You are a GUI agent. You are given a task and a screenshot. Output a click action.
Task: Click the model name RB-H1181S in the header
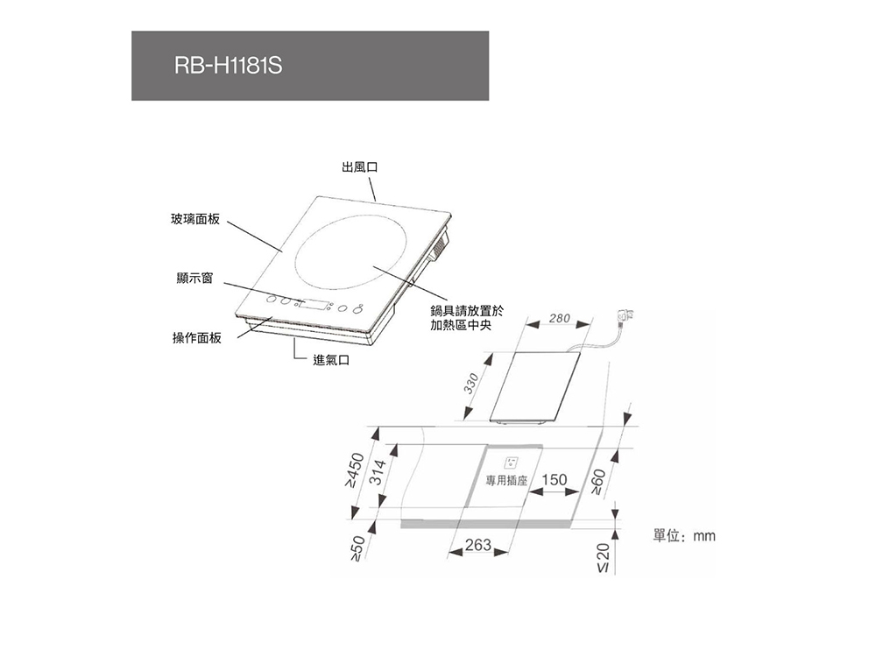(228, 66)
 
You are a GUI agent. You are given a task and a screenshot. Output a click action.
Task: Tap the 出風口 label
(360, 167)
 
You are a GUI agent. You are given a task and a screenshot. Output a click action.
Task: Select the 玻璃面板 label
(195, 219)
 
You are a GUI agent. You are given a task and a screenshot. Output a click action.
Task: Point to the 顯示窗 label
(195, 279)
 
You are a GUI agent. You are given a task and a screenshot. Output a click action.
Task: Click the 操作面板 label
(197, 338)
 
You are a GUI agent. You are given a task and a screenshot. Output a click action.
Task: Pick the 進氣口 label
(331, 360)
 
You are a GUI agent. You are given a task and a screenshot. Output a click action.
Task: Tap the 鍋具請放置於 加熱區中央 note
(467, 317)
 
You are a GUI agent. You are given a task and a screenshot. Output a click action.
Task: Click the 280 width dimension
(559, 319)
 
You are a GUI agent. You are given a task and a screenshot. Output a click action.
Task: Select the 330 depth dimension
(471, 384)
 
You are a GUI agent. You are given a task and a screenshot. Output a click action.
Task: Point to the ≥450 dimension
(356, 470)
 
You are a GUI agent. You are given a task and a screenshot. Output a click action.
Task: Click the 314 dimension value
(379, 471)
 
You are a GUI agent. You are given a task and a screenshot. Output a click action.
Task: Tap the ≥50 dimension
(357, 547)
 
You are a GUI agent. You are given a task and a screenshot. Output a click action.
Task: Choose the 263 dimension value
(478, 545)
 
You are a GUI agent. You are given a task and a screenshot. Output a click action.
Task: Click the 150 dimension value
(555, 480)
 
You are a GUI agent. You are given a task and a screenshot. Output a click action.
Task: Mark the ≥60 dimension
(598, 482)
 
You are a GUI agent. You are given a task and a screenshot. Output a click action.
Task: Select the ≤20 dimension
(603, 558)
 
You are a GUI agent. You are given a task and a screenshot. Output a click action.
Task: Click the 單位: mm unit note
(684, 536)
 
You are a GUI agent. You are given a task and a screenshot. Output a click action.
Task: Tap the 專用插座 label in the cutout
(506, 480)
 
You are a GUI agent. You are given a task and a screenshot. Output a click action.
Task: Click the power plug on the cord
(625, 317)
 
